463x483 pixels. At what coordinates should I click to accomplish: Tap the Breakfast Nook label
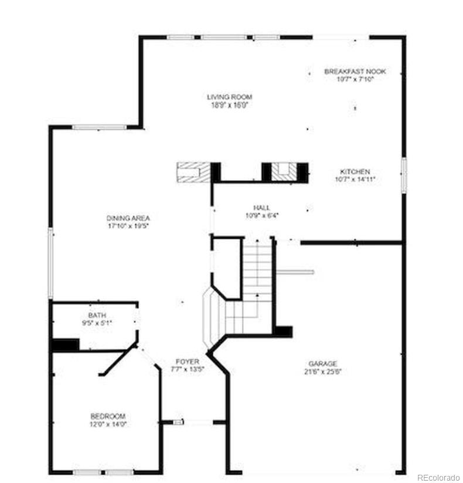[x=355, y=72]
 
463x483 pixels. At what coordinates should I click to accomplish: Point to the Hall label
[x=261, y=208]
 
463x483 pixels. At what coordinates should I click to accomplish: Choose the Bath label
[x=97, y=315]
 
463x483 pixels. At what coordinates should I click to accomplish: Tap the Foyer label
[x=188, y=362]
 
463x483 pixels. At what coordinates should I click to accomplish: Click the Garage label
[x=323, y=364]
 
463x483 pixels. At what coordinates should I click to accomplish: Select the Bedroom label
[x=107, y=416]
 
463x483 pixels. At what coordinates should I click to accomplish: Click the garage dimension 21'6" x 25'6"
[x=323, y=371]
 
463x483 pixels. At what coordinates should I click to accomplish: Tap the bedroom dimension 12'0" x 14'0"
[x=107, y=424]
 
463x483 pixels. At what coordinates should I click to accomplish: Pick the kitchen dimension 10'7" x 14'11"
[x=355, y=179]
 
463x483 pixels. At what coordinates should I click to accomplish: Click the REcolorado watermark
[x=438, y=478]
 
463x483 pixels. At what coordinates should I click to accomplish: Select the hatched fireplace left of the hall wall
[x=193, y=171]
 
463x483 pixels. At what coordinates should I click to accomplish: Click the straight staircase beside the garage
[x=258, y=270]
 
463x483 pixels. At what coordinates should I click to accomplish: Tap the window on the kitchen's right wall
[x=403, y=174]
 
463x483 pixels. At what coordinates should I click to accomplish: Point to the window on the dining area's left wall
[x=50, y=264]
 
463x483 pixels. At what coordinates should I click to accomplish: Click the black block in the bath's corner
[x=65, y=344]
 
